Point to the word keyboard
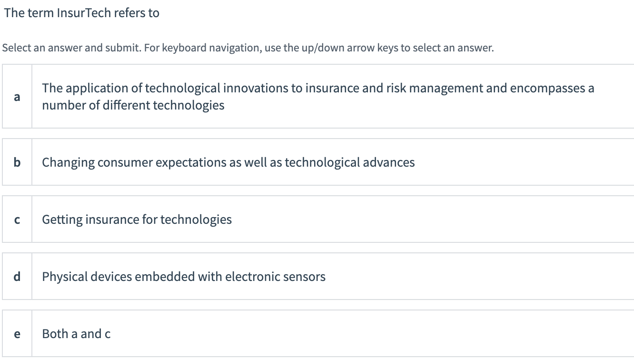[183, 48]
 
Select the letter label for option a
[17, 97]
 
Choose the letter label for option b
[17, 162]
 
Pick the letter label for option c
[17, 220]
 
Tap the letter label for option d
[17, 277]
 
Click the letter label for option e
[17, 334]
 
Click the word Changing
[68, 163]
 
